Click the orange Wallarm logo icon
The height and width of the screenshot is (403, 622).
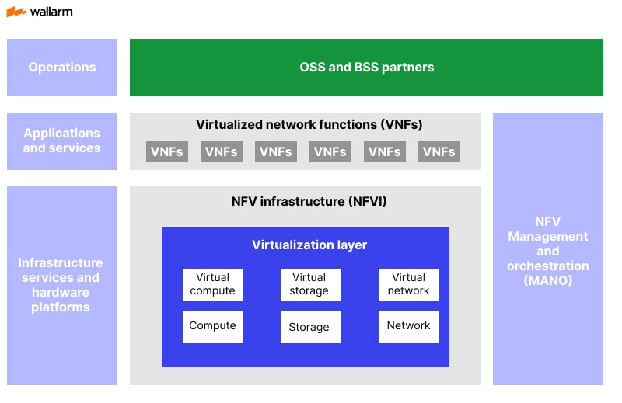16,12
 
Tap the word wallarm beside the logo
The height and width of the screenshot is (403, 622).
51,12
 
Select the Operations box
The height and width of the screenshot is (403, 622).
62,68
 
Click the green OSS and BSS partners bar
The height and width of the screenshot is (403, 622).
366,68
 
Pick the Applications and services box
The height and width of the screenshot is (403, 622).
62,141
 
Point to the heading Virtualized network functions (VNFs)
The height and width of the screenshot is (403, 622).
309,124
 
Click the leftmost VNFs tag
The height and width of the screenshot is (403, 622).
167,151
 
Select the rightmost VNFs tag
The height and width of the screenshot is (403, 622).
439,151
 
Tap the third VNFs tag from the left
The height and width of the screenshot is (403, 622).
276,151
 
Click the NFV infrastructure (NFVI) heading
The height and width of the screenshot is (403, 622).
309,202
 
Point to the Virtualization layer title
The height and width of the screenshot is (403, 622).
309,245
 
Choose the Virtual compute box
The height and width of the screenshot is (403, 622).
212,284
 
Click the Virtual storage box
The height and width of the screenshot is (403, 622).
309,284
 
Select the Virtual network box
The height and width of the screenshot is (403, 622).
408,284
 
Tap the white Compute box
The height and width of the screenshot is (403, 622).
212,326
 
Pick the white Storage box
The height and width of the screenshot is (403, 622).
309,327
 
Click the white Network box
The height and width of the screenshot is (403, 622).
408,326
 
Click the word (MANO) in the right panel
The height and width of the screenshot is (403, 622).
547,280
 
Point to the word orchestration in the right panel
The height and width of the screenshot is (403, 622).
547,266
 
